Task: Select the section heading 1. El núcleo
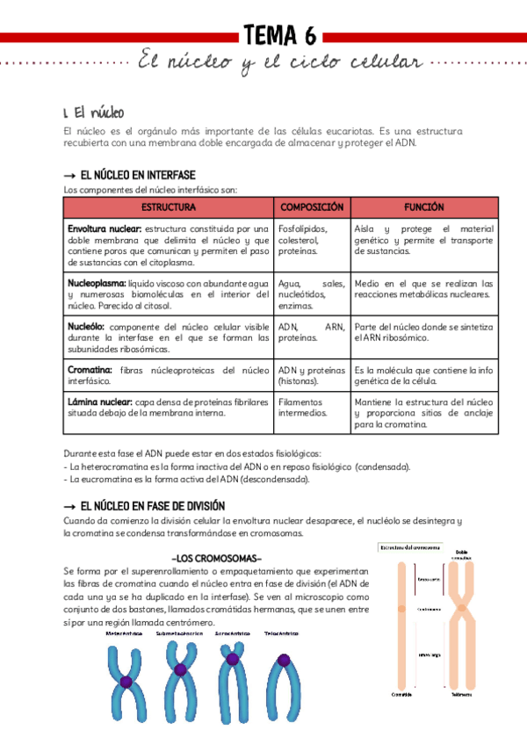click(x=94, y=112)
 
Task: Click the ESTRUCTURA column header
click(x=168, y=207)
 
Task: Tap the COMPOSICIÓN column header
click(x=312, y=207)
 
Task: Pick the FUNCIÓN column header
click(x=423, y=207)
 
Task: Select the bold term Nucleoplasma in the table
click(x=97, y=284)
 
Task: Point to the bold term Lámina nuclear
click(x=99, y=401)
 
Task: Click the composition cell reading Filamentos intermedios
click(x=303, y=407)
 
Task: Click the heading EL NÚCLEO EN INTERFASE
click(x=137, y=176)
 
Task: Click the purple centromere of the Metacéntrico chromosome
click(x=126, y=682)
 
